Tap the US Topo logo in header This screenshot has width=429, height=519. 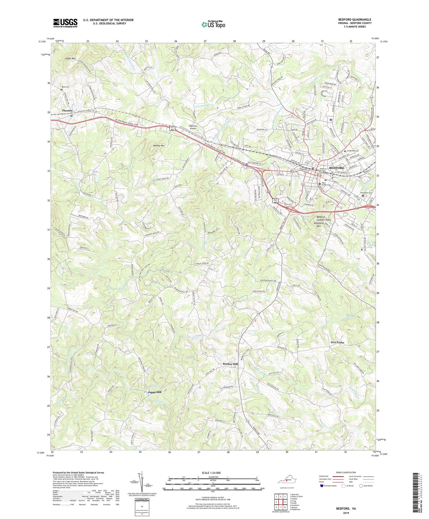(x=213, y=25)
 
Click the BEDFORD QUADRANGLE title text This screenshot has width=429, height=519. (x=355, y=19)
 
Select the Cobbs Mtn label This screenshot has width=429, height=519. (x=70, y=58)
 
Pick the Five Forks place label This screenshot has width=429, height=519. (x=337, y=342)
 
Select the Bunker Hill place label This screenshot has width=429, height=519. (x=231, y=364)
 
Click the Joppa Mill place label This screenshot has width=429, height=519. (x=156, y=392)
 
